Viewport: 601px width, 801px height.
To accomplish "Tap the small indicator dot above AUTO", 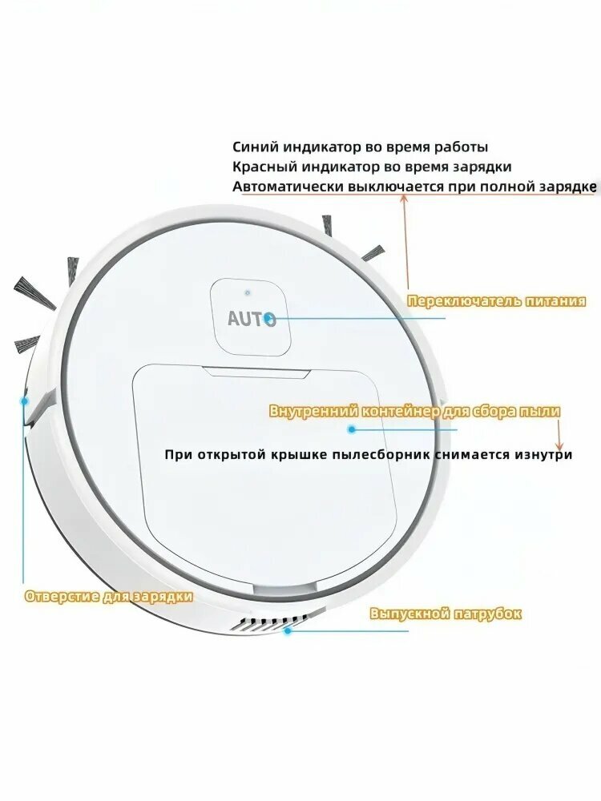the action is click(x=248, y=292).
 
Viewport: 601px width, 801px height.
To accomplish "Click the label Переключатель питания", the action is click(x=497, y=301).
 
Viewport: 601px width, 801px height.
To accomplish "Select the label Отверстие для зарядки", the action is click(x=109, y=596).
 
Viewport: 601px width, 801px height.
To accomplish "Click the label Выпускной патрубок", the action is click(x=446, y=613).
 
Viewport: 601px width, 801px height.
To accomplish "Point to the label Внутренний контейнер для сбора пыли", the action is click(x=414, y=411).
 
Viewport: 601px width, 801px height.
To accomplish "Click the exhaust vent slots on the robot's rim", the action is click(x=268, y=622).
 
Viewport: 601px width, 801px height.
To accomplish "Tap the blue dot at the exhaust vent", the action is click(x=288, y=630).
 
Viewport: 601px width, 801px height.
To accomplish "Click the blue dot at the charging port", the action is click(x=24, y=401).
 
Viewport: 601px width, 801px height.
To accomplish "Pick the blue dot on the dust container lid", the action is click(x=351, y=429).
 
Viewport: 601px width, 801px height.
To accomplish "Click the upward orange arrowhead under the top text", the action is click(x=404, y=199).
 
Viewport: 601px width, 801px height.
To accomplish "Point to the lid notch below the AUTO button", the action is click(x=257, y=372).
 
